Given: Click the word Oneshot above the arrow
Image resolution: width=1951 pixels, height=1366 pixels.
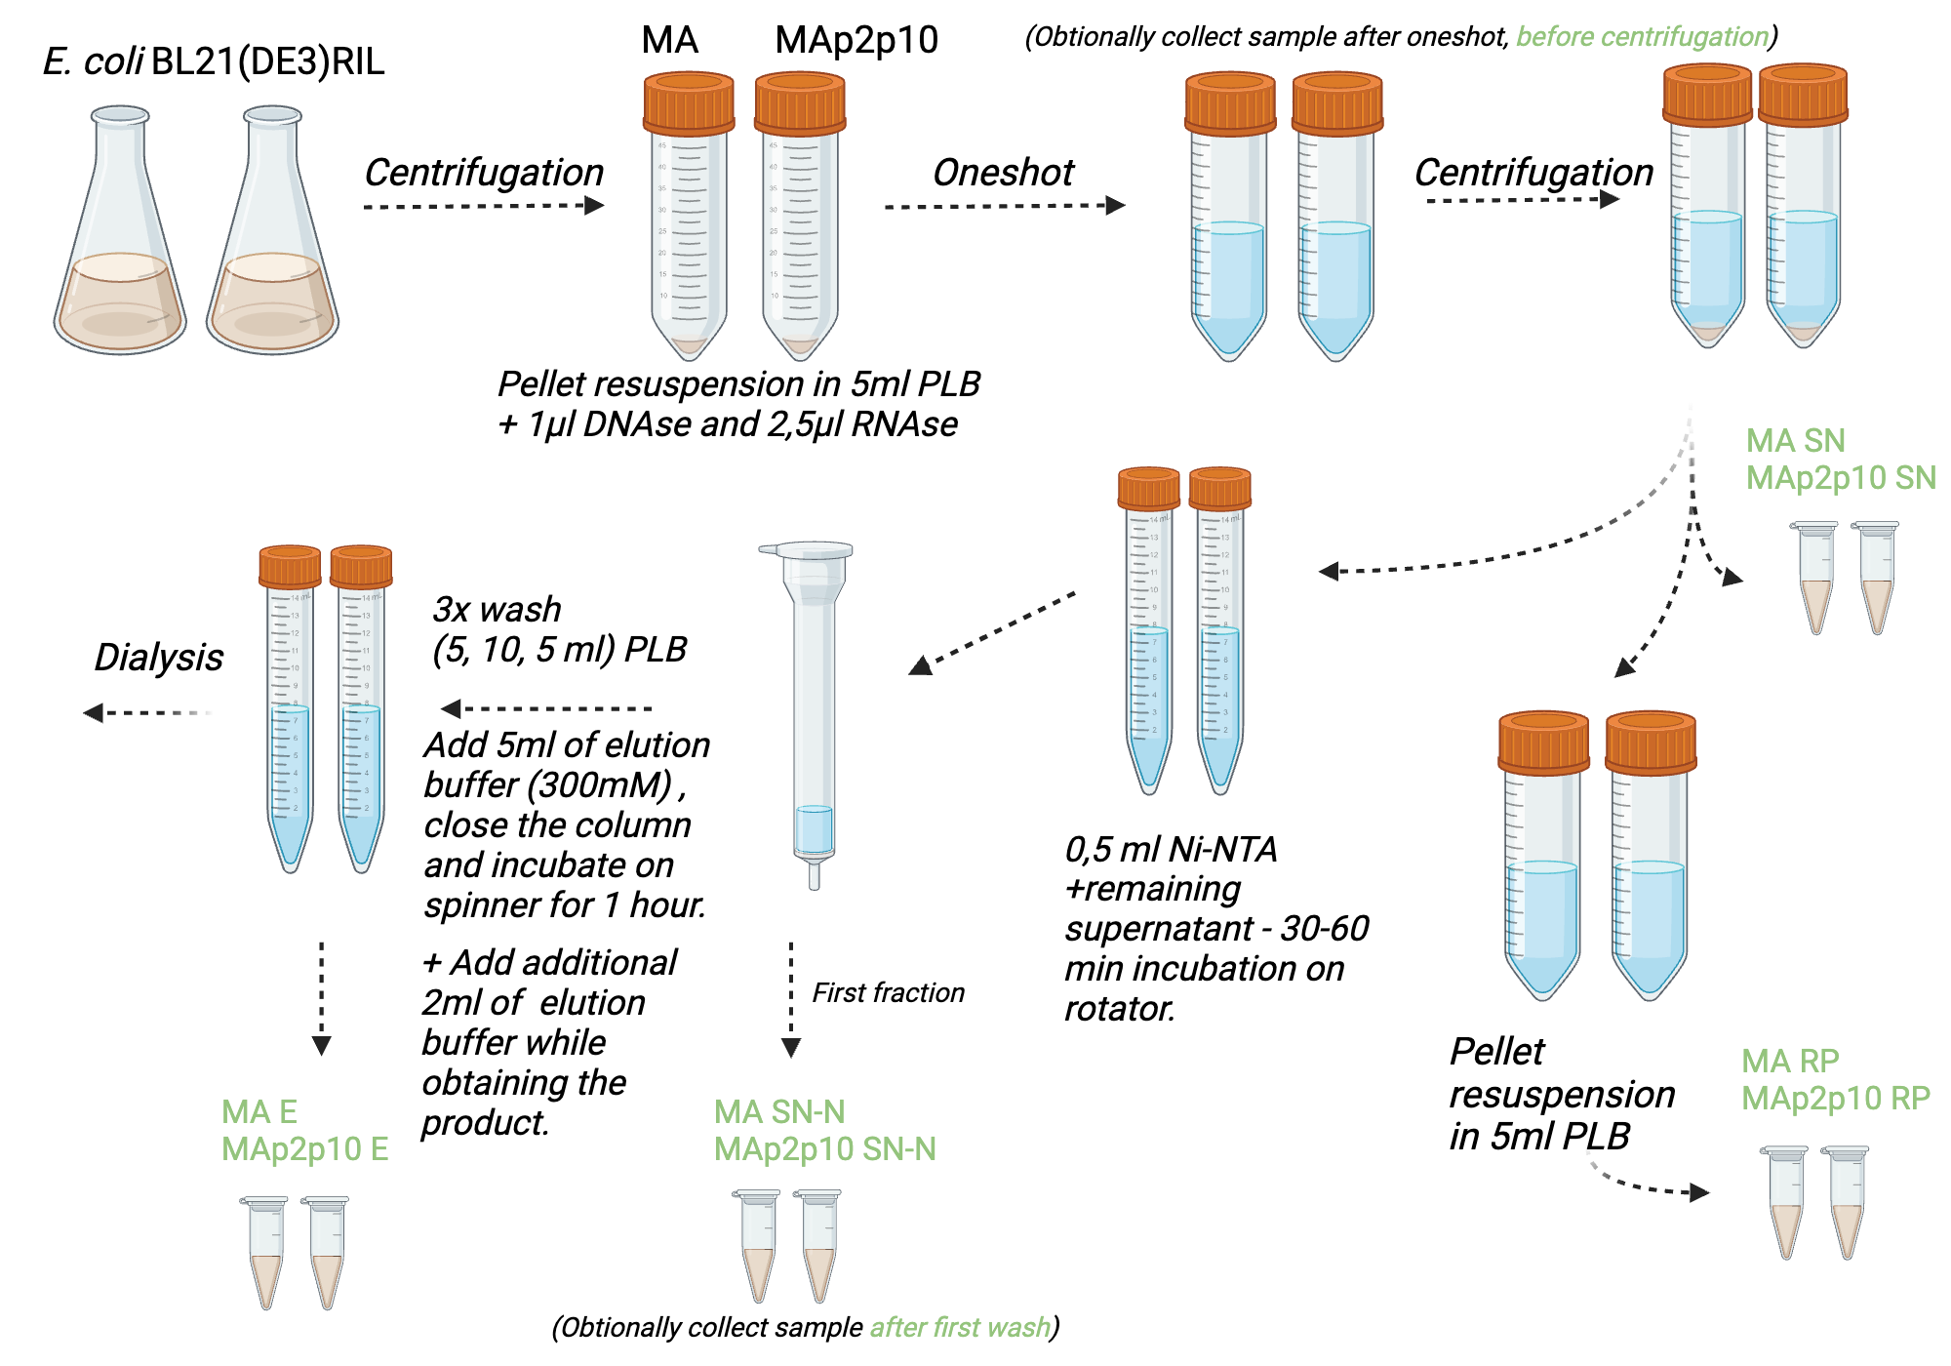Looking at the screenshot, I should (1003, 173).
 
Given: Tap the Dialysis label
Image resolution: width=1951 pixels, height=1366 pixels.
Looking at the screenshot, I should (158, 657).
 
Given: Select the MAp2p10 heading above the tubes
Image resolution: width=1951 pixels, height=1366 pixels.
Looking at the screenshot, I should (856, 40).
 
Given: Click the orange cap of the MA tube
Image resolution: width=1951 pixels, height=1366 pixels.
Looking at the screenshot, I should (689, 102).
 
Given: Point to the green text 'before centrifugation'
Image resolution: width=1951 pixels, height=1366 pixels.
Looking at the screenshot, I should (1642, 37).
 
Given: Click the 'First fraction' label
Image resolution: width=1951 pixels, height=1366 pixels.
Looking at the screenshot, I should (888, 993).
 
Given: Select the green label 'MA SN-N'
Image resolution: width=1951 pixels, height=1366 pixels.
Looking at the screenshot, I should (778, 1112).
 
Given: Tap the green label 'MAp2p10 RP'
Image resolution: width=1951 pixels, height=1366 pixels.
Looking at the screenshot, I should (1836, 1099).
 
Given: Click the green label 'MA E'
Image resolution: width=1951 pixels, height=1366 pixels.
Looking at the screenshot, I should (259, 1112).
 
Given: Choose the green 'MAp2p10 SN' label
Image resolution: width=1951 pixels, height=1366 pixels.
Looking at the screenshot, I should (1840, 478).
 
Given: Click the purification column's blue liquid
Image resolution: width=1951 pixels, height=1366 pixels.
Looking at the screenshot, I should (814, 829).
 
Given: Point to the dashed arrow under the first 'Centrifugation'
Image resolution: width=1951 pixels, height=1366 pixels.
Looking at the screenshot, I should (484, 206).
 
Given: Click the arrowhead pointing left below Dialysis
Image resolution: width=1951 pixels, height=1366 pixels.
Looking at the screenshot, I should (94, 713).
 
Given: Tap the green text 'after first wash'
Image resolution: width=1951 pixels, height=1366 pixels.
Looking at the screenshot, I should (960, 1328).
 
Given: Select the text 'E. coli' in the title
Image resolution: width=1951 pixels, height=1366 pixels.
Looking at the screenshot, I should (93, 61).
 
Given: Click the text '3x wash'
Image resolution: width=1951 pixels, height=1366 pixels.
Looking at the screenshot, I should (497, 610).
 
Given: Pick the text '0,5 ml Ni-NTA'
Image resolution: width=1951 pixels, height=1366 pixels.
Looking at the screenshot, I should (1171, 850).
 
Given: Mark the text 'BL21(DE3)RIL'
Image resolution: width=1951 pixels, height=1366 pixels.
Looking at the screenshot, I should (268, 61).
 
